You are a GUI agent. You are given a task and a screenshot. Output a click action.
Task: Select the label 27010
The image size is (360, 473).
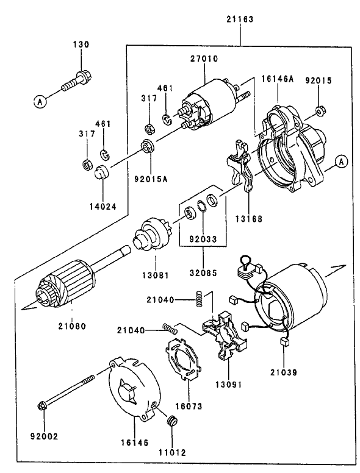click(203, 59)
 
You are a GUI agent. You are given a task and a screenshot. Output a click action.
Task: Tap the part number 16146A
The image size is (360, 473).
click(278, 79)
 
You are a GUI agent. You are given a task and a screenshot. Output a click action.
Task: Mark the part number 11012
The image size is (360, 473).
click(173, 453)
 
